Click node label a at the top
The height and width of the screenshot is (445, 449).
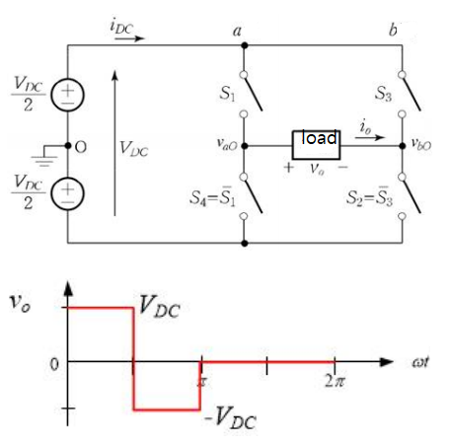tap(238, 32)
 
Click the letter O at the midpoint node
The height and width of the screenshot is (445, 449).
tap(80, 146)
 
